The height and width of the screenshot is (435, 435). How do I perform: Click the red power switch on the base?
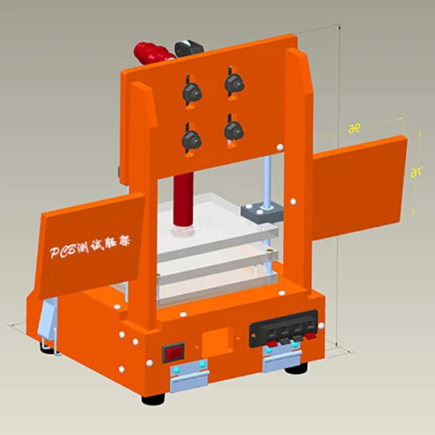tap(174, 353)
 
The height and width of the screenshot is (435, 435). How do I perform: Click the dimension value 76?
tap(415, 173)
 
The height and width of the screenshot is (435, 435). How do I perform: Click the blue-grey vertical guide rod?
tap(269, 177)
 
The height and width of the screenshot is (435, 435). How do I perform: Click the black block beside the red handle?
tap(189, 47)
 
